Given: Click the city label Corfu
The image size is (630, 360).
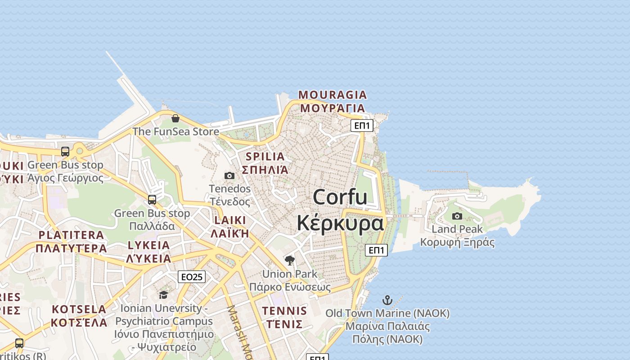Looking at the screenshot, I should (340, 198).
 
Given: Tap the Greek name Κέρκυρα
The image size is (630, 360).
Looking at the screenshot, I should (340, 223).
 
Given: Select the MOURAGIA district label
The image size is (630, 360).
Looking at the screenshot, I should (333, 95).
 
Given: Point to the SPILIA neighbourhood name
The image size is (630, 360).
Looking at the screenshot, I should (265, 157).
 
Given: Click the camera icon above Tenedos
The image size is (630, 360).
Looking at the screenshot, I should (229, 175).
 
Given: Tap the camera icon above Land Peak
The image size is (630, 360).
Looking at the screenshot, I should (457, 216).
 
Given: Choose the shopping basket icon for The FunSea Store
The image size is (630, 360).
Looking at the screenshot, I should (175, 118).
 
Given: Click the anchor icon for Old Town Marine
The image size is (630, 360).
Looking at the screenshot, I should (387, 300).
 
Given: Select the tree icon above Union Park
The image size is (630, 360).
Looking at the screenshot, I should (290, 260).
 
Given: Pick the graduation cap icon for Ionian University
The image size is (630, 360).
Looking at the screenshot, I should (163, 295).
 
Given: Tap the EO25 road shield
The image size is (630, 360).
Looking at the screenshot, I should (192, 277).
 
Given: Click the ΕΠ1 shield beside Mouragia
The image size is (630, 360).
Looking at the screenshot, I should (362, 126).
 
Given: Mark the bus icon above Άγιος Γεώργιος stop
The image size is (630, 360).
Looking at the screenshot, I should (65, 152).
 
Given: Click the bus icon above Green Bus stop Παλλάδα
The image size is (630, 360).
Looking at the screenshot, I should (152, 199).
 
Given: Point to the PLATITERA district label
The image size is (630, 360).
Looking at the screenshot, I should (71, 235).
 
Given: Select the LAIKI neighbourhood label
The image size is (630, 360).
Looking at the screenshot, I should (230, 220).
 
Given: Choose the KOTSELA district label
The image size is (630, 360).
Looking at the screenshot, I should (79, 310).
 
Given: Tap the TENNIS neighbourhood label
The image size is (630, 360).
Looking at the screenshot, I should (284, 311).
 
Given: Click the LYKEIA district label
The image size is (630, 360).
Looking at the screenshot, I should (149, 245).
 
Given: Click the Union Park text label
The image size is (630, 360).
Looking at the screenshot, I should (289, 274).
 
